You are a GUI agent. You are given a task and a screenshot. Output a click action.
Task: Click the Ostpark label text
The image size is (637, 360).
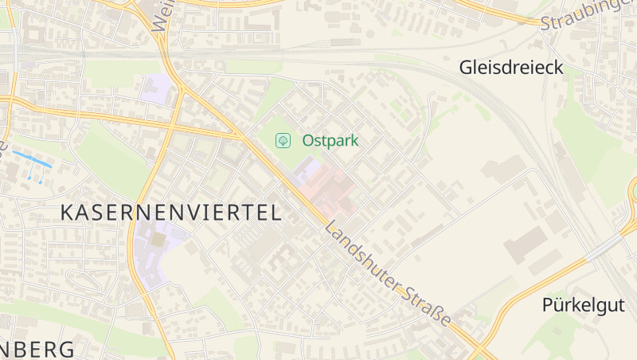tap(330, 141)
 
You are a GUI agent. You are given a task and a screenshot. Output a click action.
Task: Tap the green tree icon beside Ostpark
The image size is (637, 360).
tap(283, 141)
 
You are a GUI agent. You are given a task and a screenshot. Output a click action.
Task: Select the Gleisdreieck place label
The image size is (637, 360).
tap(511, 68)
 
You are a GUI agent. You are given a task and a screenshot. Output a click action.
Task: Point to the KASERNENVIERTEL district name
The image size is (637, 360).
tap(171, 213)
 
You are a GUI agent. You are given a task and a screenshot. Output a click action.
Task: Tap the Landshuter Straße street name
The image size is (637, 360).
tap(389, 276)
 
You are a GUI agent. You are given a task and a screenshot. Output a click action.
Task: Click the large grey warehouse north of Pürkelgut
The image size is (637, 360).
tap(526, 245)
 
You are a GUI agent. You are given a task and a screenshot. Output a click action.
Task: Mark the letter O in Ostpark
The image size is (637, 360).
tap(308, 141)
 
